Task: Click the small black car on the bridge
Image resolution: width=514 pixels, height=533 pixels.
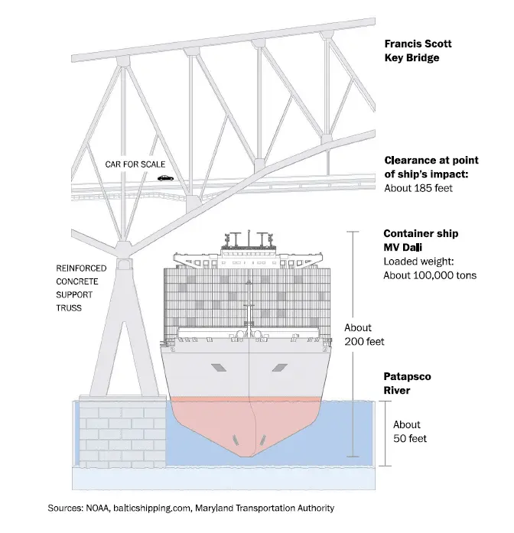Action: (x=165, y=177)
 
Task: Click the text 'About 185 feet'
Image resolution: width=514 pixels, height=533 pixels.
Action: (x=420, y=187)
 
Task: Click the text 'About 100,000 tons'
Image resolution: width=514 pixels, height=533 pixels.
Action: (x=430, y=275)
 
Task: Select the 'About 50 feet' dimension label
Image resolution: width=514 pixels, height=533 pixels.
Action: (x=409, y=431)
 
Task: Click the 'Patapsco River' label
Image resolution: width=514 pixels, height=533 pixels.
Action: (x=408, y=384)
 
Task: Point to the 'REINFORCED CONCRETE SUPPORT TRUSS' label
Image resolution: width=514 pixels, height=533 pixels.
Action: (x=77, y=288)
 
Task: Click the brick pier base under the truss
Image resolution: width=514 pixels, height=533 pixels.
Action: (x=122, y=431)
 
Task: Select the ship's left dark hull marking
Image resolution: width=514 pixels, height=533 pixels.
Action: (x=220, y=368)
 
